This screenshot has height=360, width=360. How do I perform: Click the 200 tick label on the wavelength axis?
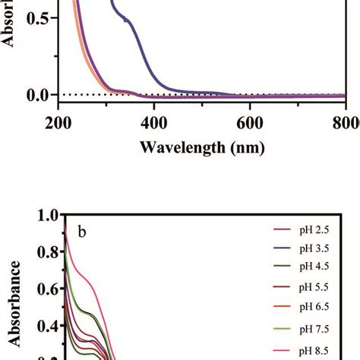[x=58, y=123]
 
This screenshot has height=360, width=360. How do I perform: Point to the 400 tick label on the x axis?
[x=154, y=123]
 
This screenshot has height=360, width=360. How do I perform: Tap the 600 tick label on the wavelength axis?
[x=251, y=123]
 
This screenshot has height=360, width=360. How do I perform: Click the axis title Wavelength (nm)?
[x=202, y=147]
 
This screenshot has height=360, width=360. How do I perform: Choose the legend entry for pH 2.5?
[x=313, y=229]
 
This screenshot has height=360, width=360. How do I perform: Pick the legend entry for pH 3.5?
[x=313, y=248]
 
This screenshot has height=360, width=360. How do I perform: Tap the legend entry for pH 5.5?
[x=313, y=289]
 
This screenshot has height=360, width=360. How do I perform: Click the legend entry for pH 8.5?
[x=313, y=352]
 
